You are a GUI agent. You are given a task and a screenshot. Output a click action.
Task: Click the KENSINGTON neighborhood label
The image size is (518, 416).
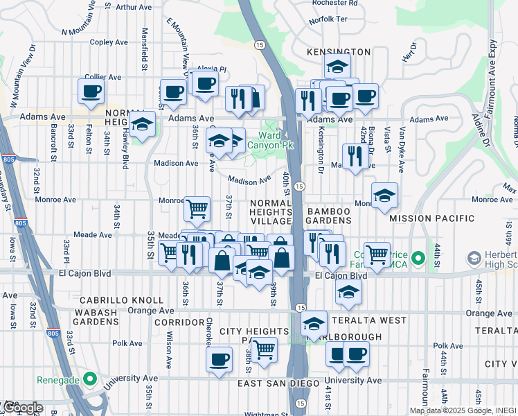click(x=339, y=52)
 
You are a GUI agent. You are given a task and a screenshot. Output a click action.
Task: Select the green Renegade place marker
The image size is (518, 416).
click(x=89, y=379)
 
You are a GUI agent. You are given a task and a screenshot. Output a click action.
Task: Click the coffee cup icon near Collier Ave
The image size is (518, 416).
click(x=91, y=91)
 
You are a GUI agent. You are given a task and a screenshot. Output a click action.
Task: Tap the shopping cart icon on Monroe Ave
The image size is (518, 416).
click(x=197, y=207)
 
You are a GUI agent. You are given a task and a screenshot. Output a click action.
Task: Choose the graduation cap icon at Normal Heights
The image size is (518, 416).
click(x=142, y=125)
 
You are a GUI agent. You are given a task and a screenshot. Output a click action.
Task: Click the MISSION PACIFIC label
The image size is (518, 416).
click(x=431, y=218)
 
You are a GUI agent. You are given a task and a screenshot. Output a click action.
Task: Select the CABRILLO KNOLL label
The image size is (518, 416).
click(x=112, y=300)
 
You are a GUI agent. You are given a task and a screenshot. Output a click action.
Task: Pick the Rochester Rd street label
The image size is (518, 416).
click(x=334, y=3)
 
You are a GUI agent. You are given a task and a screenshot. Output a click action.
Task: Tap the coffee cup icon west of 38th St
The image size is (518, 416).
click(x=220, y=360)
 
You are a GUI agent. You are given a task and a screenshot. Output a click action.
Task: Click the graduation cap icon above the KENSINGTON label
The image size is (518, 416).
click(x=337, y=67)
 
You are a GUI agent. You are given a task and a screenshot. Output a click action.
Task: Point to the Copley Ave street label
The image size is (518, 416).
click(x=109, y=42)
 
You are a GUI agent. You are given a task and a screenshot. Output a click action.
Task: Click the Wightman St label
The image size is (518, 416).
click(x=267, y=413)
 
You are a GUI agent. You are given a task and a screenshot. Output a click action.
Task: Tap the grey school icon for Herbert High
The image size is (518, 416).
click(x=474, y=259)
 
